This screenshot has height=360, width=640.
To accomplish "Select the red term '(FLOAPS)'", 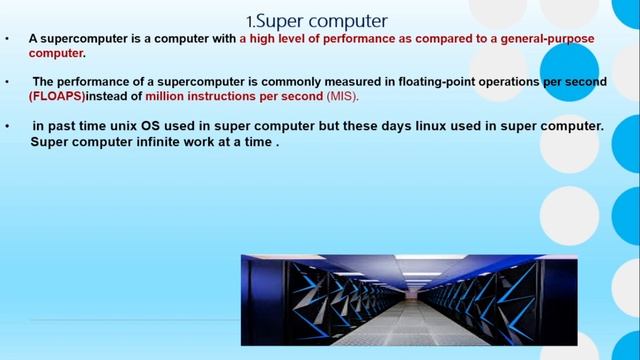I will tap(57, 96).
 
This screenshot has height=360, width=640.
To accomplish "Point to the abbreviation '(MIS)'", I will tap(339, 96).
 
